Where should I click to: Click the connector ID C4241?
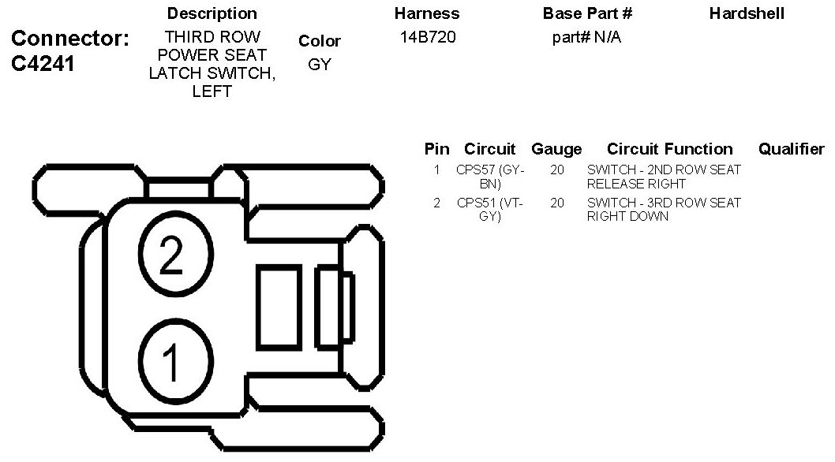point(44,65)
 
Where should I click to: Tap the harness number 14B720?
point(427,37)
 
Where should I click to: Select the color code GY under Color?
point(320,65)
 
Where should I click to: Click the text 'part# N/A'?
point(586,37)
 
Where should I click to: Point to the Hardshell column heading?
point(747,14)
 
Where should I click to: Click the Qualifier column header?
point(791,149)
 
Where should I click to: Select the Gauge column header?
point(556,149)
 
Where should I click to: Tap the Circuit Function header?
point(670,149)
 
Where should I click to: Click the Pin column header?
point(436,149)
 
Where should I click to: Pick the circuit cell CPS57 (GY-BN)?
point(490,177)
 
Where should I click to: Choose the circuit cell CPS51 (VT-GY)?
point(490,210)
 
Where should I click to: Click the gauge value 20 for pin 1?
point(557,170)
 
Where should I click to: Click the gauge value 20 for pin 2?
point(557,203)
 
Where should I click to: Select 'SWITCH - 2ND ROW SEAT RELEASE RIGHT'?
point(664,177)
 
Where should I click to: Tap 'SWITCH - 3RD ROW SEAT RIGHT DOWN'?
point(664,210)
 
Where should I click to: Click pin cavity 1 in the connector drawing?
point(170,361)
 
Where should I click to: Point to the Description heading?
point(212,14)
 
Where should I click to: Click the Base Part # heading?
point(587,14)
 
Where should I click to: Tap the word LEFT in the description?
point(212,91)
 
